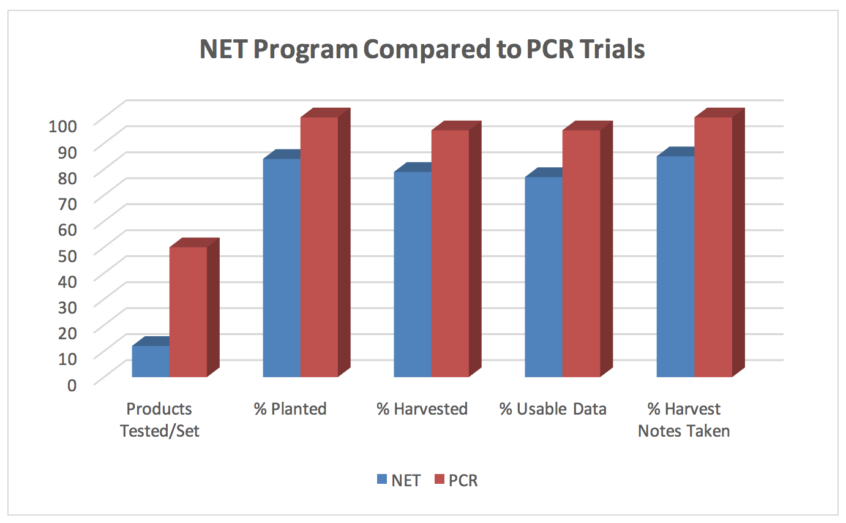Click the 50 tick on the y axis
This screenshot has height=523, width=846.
pos(67,255)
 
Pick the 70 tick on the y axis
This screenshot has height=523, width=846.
pos(67,203)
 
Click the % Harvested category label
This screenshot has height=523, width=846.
pos(422,408)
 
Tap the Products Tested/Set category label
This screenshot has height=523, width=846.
pos(159,420)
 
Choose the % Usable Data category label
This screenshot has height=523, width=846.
pos(553,408)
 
